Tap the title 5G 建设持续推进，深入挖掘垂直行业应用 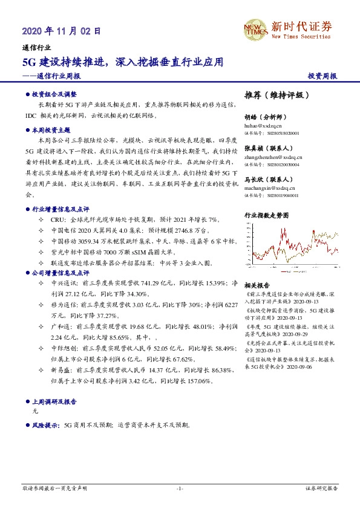point(123,62)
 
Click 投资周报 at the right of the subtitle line point(322,77)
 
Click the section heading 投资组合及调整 point(54,95)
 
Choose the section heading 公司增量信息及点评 point(59,256)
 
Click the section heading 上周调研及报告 point(54,401)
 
